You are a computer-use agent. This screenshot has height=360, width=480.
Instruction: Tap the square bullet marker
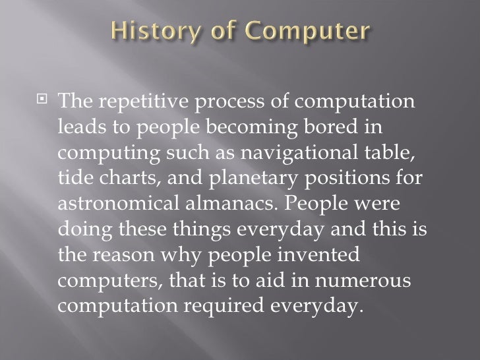click(45, 103)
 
